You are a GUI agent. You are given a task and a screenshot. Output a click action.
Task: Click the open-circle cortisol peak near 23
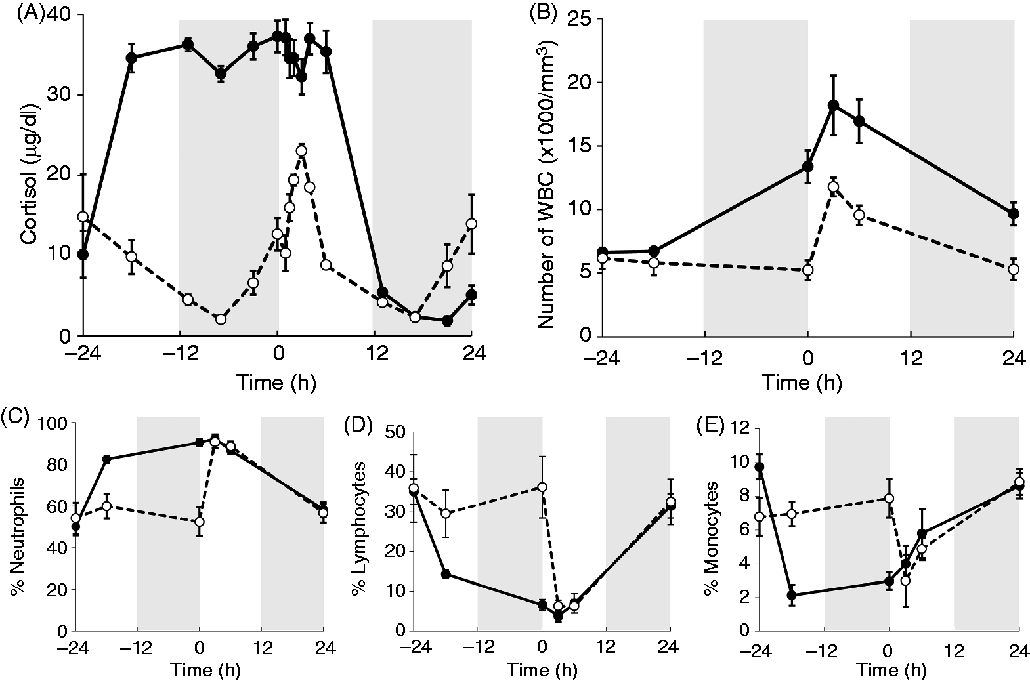click(x=301, y=151)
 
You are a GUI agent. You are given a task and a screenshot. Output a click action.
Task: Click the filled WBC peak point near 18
click(x=833, y=105)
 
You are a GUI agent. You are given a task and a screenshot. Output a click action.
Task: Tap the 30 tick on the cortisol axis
click(x=59, y=95)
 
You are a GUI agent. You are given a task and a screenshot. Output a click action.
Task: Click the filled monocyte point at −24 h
click(x=759, y=467)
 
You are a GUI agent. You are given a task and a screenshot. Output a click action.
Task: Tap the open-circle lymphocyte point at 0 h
click(x=542, y=487)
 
